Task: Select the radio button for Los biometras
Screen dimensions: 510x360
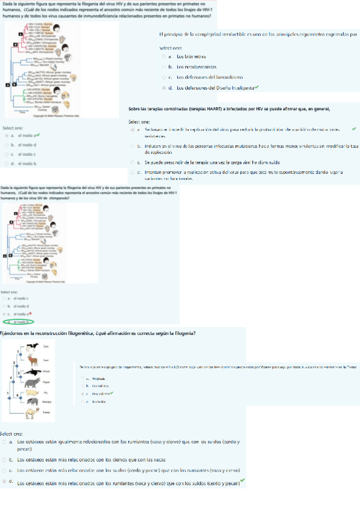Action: click(x=163, y=56)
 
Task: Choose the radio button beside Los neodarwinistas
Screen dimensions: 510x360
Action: click(x=163, y=67)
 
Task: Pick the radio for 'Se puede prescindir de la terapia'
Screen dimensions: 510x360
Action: click(x=132, y=162)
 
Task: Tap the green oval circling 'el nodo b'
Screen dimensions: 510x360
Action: click(x=17, y=322)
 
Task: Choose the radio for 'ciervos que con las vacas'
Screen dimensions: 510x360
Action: click(x=5, y=460)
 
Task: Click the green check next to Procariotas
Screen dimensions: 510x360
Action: click(x=112, y=393)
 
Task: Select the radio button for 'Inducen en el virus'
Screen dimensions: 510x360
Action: click(x=132, y=146)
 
